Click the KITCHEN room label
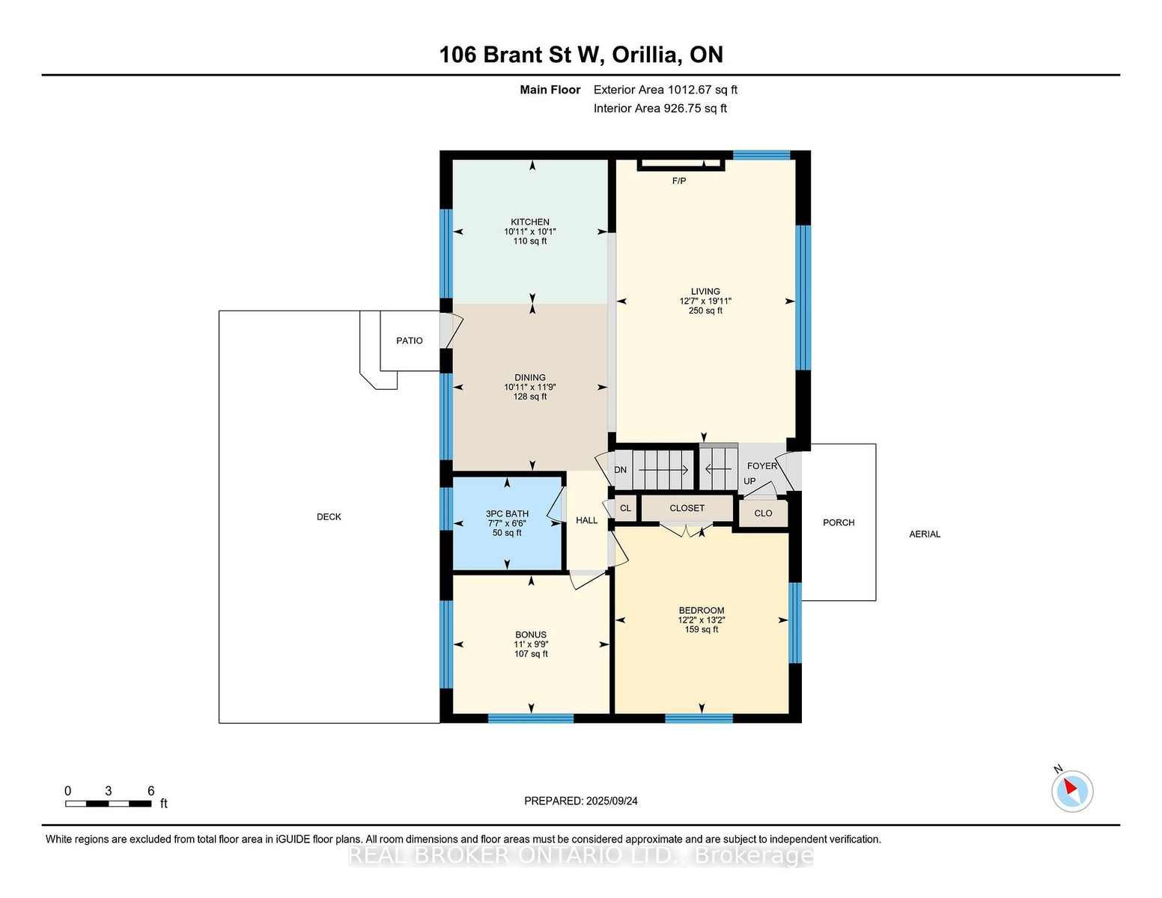[x=529, y=222]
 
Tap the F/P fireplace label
[x=678, y=181]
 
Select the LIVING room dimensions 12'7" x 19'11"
[x=705, y=301]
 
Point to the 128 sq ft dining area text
[x=530, y=397]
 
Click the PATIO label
[x=409, y=340]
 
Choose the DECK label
[x=329, y=516]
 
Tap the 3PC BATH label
[x=507, y=514]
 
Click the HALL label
[x=586, y=520]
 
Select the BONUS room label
[x=531, y=635]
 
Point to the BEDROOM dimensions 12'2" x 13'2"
[x=701, y=620]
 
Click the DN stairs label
[x=620, y=470]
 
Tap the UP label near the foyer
[x=749, y=480]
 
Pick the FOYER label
[x=762, y=465]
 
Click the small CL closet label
[x=625, y=508]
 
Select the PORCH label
[x=839, y=522]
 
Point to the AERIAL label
[x=925, y=534]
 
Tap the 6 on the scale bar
[x=150, y=791]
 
